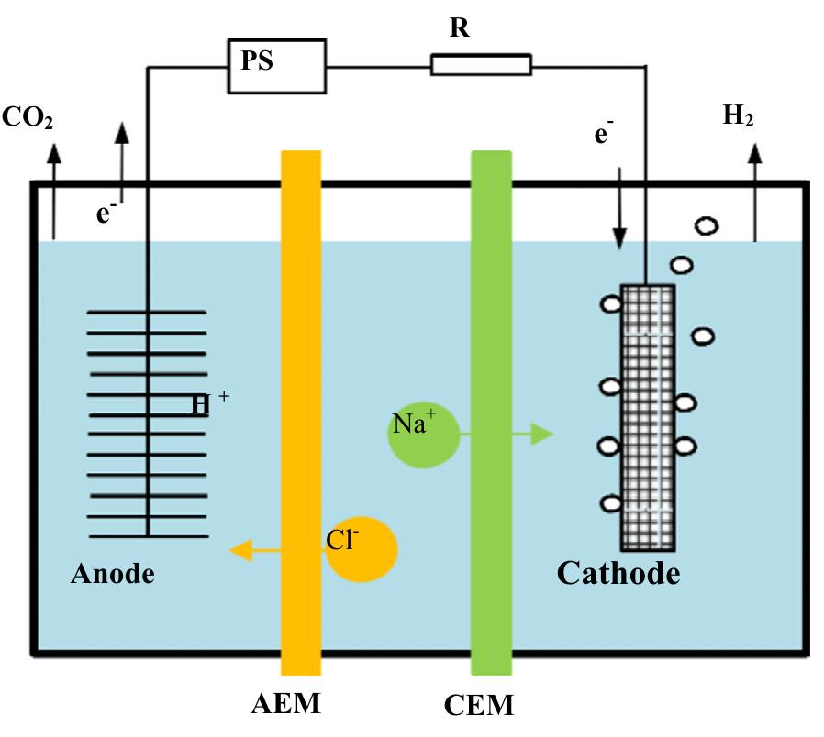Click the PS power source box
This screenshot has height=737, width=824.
click(277, 67)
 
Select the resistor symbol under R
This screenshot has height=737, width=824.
click(480, 64)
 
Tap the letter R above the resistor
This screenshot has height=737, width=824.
click(460, 28)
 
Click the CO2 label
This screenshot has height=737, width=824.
click(28, 118)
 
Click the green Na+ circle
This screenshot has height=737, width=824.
click(423, 435)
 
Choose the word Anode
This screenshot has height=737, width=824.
click(113, 575)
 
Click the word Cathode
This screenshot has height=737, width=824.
click(618, 574)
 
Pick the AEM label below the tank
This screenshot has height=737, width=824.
click(288, 704)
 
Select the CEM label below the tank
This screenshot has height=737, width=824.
click(478, 706)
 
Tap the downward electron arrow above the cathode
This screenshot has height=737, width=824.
click(620, 207)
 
